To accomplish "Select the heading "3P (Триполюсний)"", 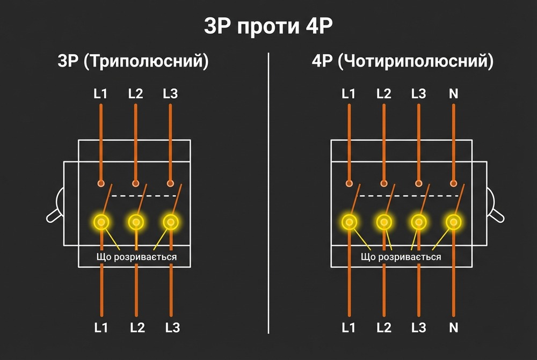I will click(133, 61).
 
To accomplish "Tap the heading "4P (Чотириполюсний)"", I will click(402, 61).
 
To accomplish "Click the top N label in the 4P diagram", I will click(454, 94).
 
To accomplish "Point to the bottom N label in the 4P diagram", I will click(454, 327).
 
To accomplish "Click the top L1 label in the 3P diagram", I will click(100, 94).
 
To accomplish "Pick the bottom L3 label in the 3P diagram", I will click(170, 327).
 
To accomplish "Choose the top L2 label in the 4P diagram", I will click(384, 94).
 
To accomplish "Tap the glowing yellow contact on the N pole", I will click(454, 221).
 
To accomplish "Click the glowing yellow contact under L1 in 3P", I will click(100, 221).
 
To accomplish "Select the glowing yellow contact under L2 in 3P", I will click(135, 221).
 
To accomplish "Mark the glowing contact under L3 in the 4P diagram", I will click(419, 221).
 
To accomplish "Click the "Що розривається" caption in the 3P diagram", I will click(136, 257).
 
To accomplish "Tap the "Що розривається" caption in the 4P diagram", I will click(401, 257).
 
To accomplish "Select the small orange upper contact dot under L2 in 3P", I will click(135, 183).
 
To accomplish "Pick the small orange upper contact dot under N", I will click(454, 183).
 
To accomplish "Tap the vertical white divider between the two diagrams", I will click(268, 193).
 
